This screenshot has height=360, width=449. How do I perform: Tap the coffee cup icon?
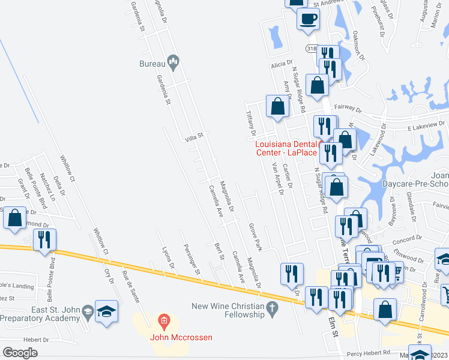pyautogui.click(x=308, y=18)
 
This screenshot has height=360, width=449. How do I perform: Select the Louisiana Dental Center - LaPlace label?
pyautogui.click(x=286, y=148)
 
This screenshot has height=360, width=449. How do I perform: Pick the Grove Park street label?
pyautogui.click(x=256, y=236)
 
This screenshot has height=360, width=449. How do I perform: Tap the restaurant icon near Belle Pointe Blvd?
pyautogui.click(x=44, y=239)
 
